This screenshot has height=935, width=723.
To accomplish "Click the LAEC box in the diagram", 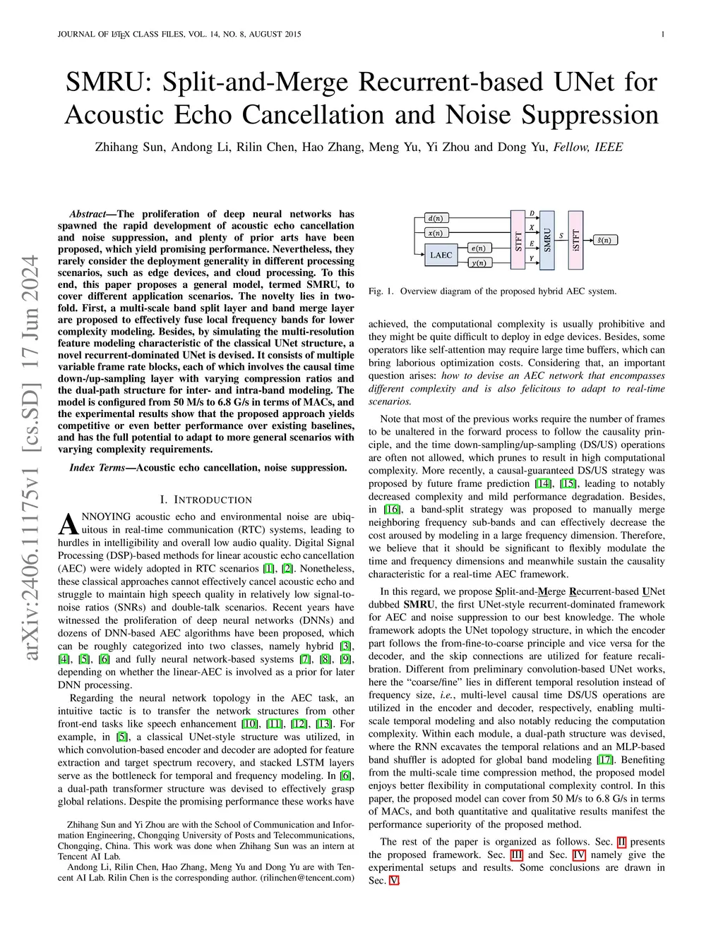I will tap(441, 255).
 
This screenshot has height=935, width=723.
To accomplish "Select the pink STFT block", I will tap(518, 240).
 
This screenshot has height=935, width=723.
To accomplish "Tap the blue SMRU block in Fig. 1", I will tap(547, 240).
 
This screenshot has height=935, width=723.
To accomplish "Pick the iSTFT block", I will tap(576, 240).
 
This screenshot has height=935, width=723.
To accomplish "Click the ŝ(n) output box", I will tap(604, 240).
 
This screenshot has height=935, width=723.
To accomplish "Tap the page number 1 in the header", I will tap(663, 34).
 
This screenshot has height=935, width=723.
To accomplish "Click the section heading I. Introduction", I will tap(206, 500).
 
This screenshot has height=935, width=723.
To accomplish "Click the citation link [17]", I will tap(605, 760).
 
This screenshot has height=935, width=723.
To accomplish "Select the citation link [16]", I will tap(392, 509).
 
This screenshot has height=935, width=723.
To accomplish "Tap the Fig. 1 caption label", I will tap(381, 291).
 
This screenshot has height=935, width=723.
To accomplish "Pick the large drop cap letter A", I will tap(68, 524).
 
